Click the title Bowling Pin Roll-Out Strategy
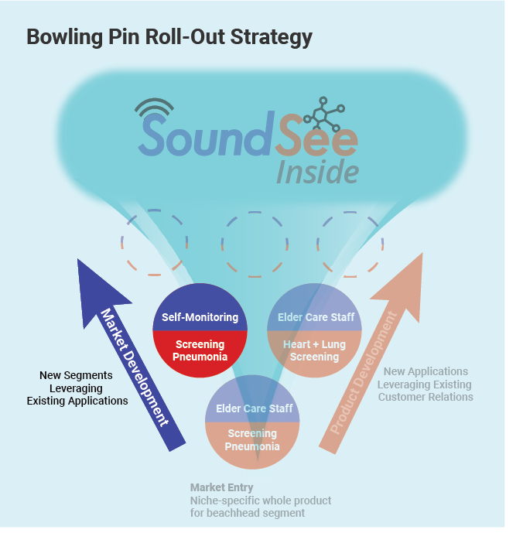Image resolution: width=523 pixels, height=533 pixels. coord(169,36)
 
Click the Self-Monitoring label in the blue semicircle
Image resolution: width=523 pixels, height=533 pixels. coord(200,317)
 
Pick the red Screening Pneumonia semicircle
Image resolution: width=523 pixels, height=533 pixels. coord(200,351)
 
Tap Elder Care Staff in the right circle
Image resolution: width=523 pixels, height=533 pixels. coord(316,317)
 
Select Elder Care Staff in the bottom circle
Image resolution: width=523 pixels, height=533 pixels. coord(255,408)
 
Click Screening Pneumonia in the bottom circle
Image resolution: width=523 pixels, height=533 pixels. coord(252,439)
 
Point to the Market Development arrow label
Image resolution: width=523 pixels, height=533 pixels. coord(135,367)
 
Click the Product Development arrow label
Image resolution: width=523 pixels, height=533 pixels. coord(363,372)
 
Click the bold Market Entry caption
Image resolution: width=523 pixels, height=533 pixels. coord(221,487)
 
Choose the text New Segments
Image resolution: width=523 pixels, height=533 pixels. coord(76,375)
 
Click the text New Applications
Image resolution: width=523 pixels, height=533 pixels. coord(426,371)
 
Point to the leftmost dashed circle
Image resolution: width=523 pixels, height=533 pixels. coord(155,241)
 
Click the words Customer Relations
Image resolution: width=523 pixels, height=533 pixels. coord(426,397)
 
